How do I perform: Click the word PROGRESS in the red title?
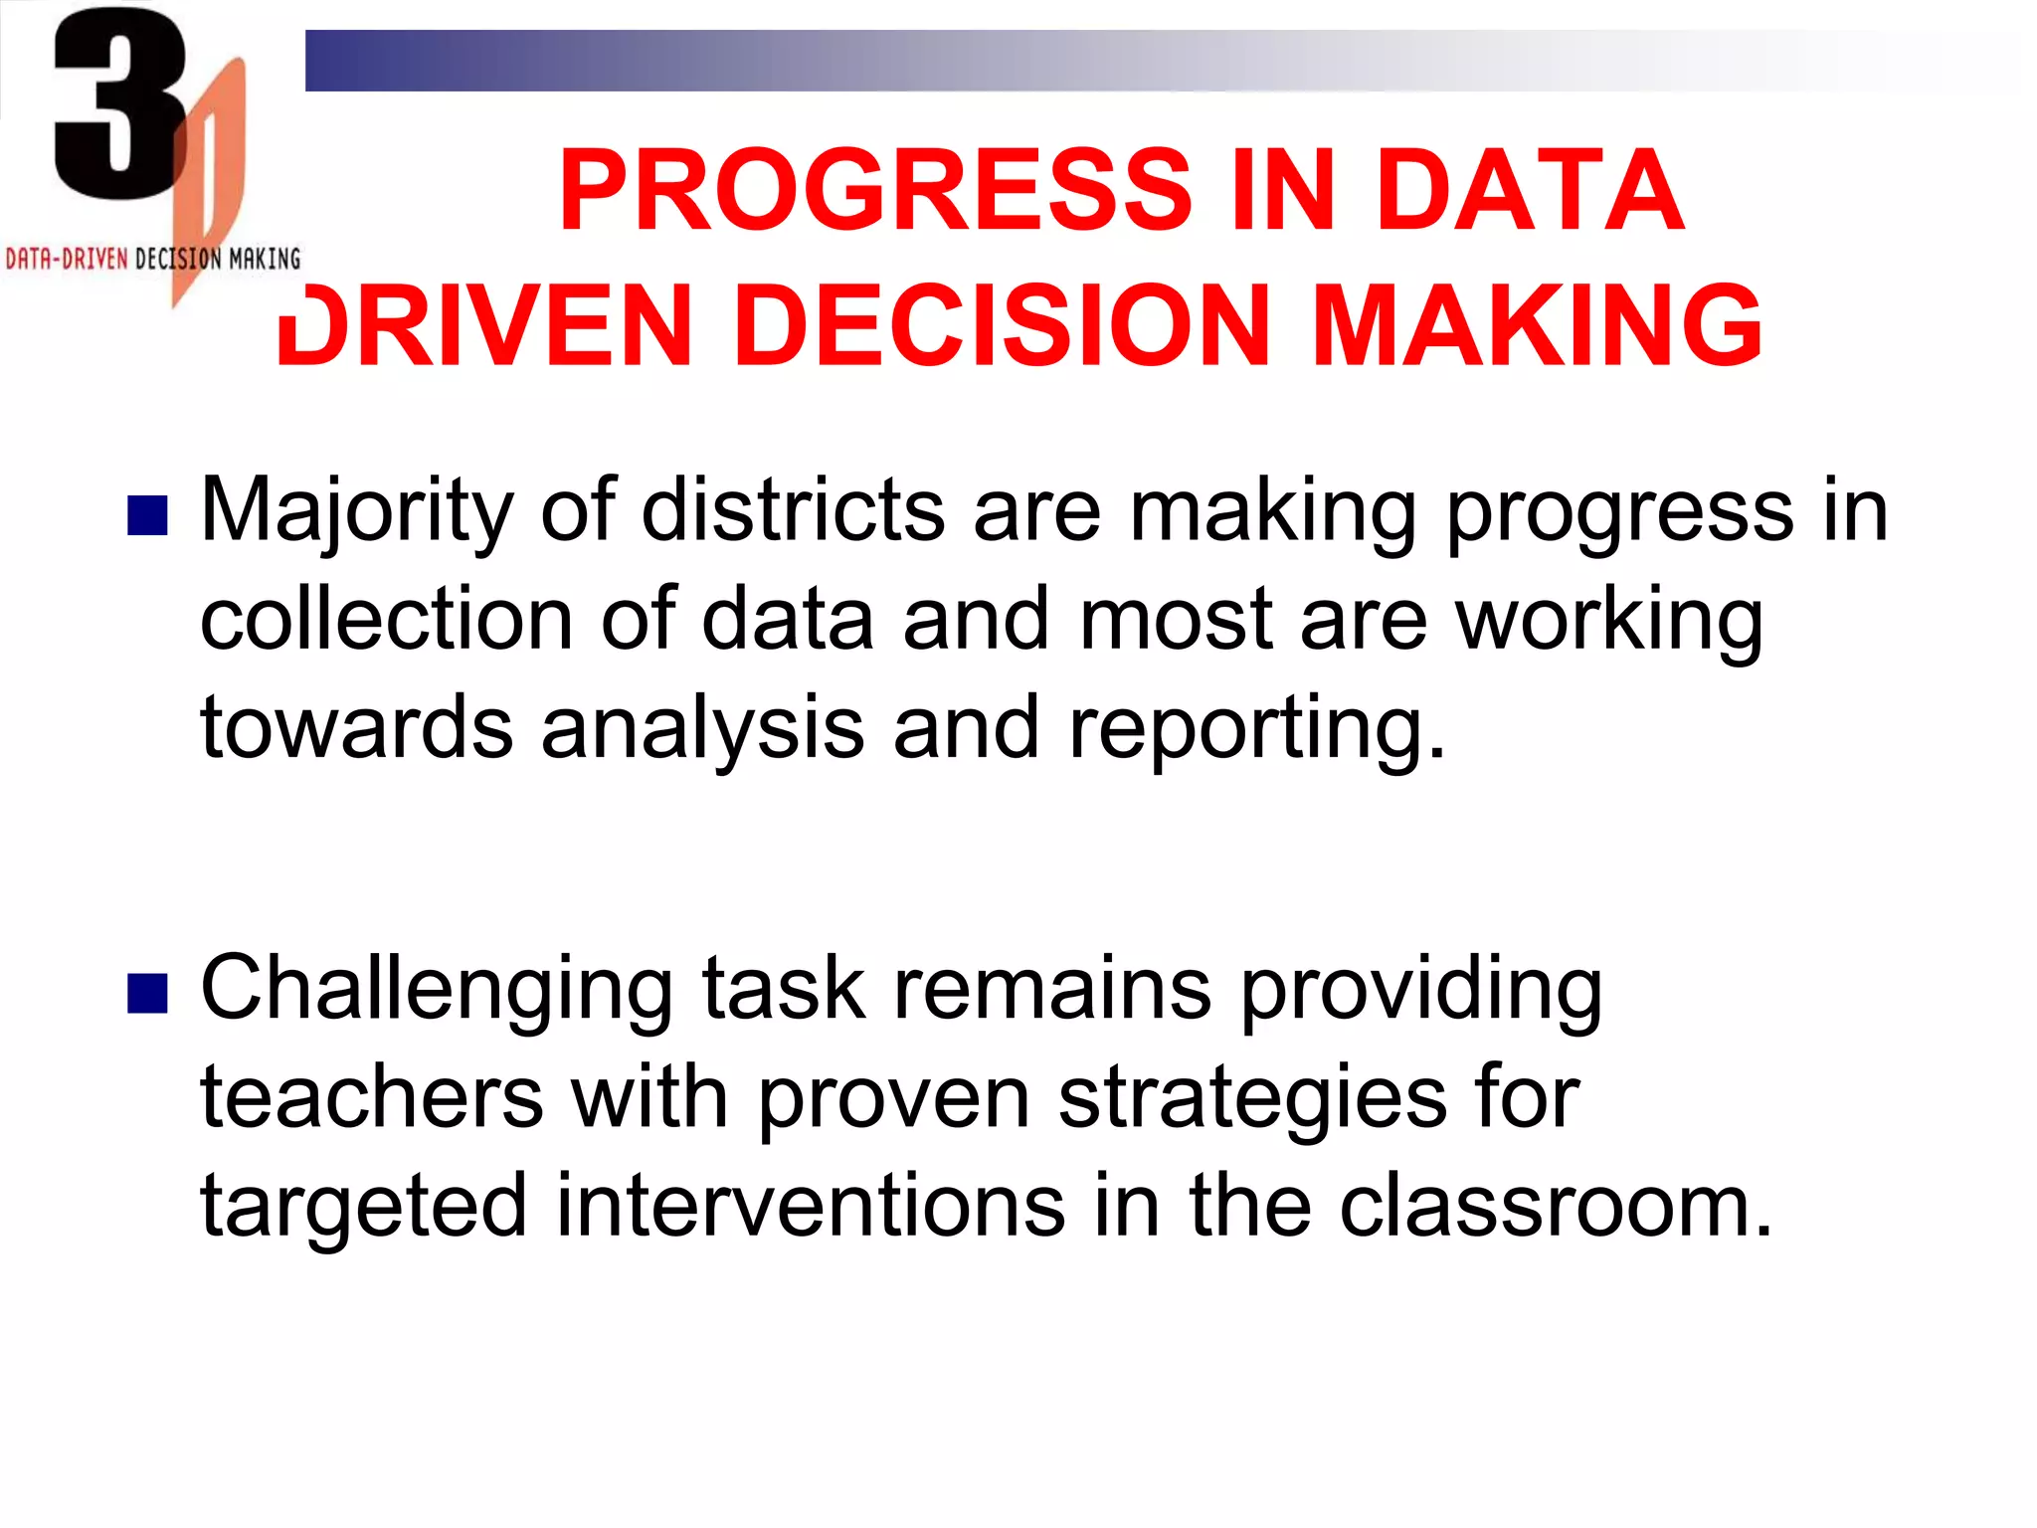(x=875, y=190)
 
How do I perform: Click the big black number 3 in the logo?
(x=119, y=104)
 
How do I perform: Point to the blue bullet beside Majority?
(x=147, y=516)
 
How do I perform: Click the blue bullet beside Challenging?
(x=147, y=993)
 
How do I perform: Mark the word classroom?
(x=1556, y=1206)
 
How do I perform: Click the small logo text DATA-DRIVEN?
(x=67, y=260)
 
